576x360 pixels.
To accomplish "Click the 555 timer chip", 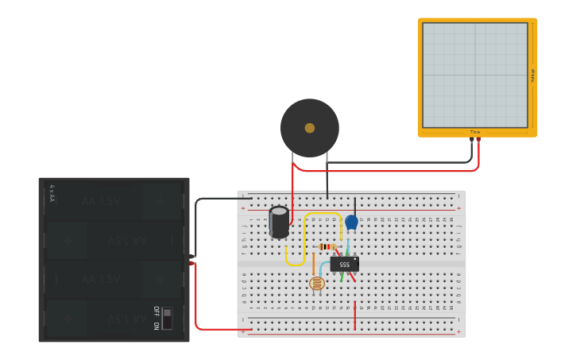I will tap(344, 265).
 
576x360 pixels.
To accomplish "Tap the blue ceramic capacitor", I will tap(351, 223).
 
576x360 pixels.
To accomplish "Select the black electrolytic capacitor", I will tap(279, 222).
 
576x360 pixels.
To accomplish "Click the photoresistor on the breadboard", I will tap(317, 283).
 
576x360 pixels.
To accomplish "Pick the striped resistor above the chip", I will tap(326, 246).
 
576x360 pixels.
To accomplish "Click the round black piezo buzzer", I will tap(310, 128).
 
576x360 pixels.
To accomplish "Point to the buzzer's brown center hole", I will tap(310, 128).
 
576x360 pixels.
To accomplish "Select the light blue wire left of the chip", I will tap(322, 266).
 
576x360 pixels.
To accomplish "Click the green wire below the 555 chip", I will tap(342, 277).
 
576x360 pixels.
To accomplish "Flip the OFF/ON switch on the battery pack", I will tap(167, 318).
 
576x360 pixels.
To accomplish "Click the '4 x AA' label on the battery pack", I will tap(52, 193).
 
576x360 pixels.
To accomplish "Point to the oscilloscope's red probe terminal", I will tap(478, 140).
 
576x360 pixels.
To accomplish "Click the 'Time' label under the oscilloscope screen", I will tap(475, 132).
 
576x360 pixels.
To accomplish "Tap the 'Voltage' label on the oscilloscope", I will tap(532, 75).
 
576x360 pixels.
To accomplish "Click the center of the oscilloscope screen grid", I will tap(475, 75).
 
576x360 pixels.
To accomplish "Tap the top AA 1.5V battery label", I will tap(101, 201).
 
